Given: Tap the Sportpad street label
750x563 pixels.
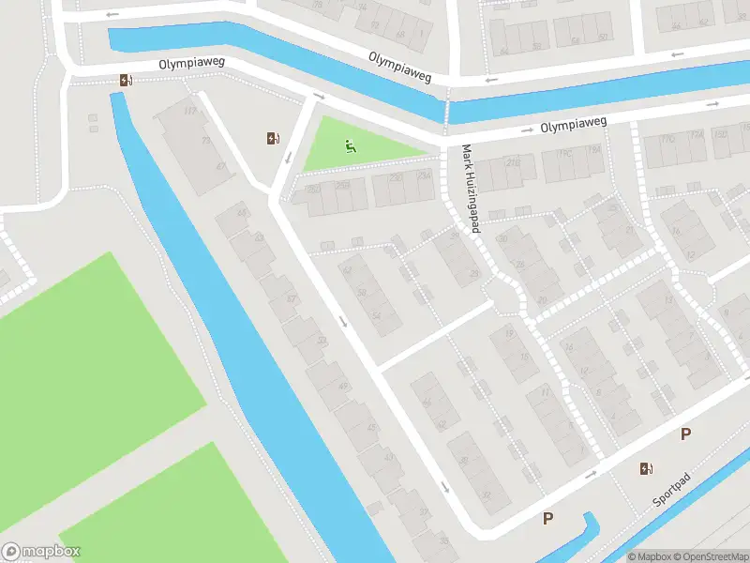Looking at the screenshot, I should pos(673,491).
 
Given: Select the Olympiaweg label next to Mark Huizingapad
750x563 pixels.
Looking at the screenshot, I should pos(574,123).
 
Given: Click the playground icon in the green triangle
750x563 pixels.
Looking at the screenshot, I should pos(350,145).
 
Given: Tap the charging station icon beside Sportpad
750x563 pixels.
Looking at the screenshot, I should pos(646,469).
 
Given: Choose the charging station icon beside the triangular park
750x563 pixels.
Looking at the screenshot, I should pos(273,139).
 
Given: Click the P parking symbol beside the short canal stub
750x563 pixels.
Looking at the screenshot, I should pos(548,518).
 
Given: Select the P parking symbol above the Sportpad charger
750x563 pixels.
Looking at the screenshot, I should pos(685,434).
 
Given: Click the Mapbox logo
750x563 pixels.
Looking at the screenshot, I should pos(41,552).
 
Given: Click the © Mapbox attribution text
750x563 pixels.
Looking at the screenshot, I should pos(650,556).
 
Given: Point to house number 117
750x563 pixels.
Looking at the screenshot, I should pos(190,112).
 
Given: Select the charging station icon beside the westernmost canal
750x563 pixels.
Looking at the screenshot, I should pos(125,80).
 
